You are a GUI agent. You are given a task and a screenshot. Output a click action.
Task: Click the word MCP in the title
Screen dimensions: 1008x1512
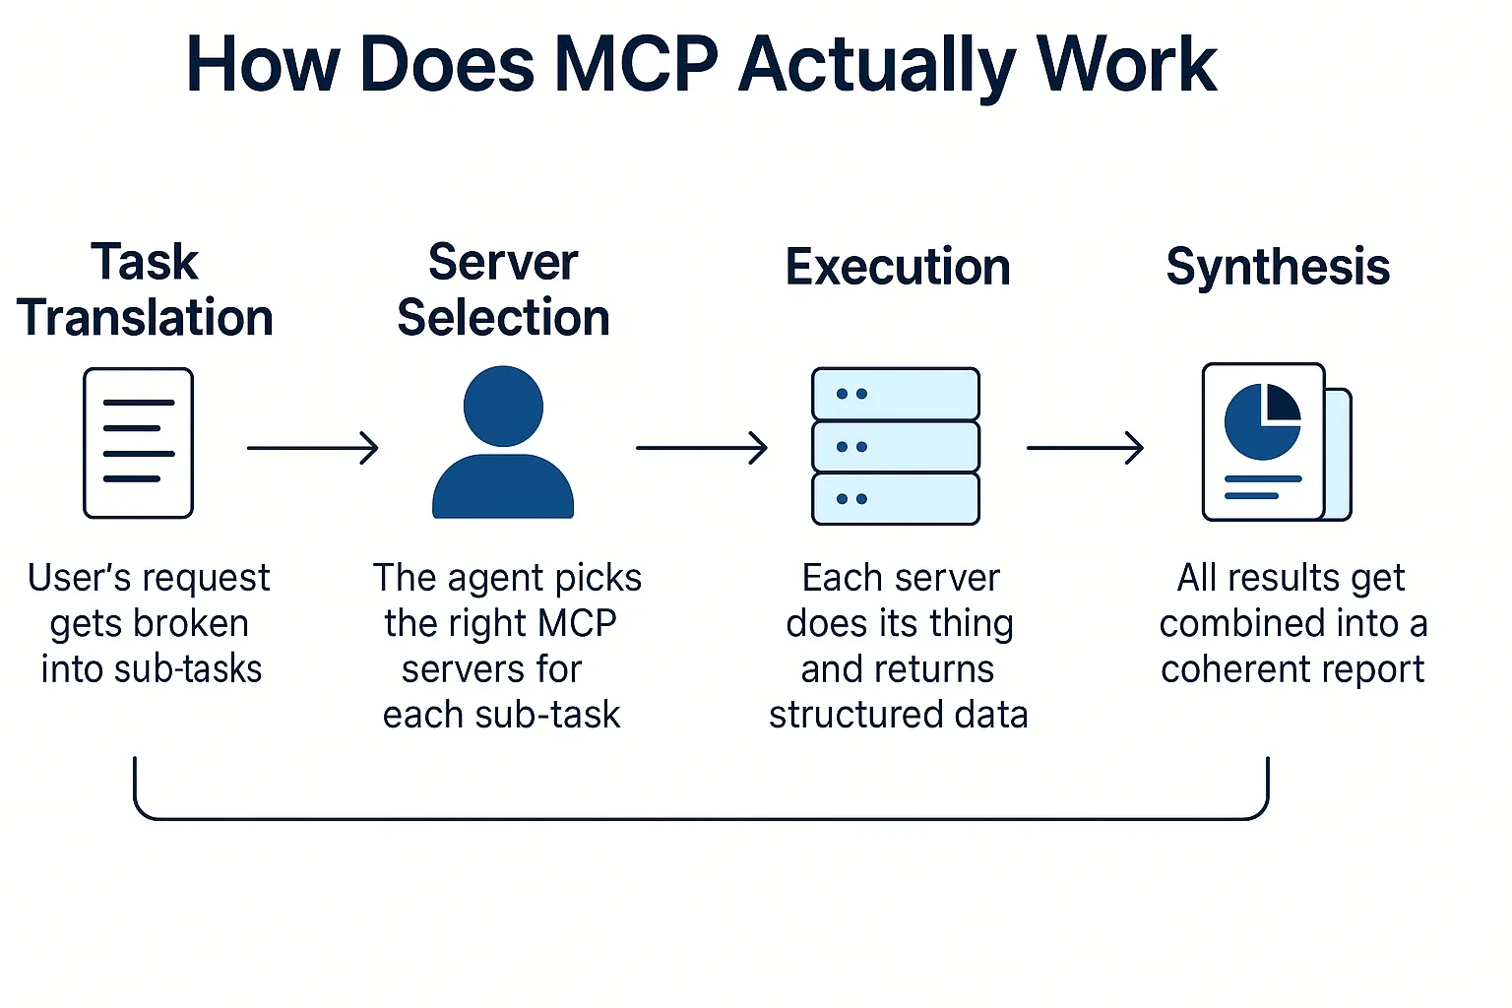[x=637, y=65]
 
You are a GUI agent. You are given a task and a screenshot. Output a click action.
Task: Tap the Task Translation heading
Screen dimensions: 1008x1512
[x=145, y=290]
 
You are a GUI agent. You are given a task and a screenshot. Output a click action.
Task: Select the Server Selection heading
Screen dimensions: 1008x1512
[x=503, y=290]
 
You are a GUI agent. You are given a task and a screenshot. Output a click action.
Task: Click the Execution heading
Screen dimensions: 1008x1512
[x=897, y=267]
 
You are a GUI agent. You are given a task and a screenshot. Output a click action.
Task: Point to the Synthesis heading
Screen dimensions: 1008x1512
[x=1277, y=267]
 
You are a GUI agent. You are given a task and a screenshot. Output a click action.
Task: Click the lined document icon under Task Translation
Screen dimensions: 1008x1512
[x=138, y=443]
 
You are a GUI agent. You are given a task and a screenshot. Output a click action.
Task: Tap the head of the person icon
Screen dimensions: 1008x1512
[x=503, y=406]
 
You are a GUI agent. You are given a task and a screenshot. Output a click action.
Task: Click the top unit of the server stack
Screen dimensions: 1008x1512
[x=895, y=394]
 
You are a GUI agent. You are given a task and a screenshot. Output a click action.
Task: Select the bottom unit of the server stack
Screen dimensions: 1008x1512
[x=895, y=499]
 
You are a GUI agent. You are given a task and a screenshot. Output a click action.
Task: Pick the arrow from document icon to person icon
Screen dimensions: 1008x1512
[x=313, y=448]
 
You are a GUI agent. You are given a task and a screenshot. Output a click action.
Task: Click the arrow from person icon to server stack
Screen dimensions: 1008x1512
[x=701, y=448]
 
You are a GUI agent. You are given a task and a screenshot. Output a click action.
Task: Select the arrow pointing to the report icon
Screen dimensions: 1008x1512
[x=1085, y=448]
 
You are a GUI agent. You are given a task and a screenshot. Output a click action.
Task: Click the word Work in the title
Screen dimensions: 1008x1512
[x=1126, y=65]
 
